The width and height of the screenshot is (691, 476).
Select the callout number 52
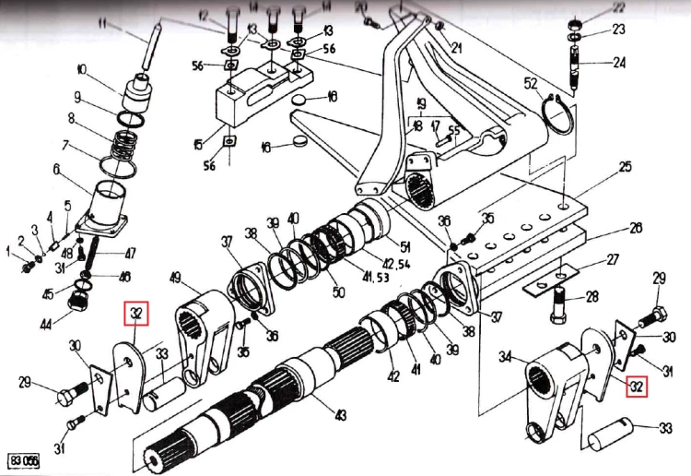click(531, 84)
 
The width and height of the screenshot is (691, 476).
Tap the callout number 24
click(619, 64)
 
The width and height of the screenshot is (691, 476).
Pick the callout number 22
click(618, 8)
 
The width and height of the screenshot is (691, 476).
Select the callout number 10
click(82, 70)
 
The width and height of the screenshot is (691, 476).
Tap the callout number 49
click(177, 278)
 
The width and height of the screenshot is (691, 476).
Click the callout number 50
click(338, 292)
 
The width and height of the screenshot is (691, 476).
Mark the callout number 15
click(197, 145)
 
